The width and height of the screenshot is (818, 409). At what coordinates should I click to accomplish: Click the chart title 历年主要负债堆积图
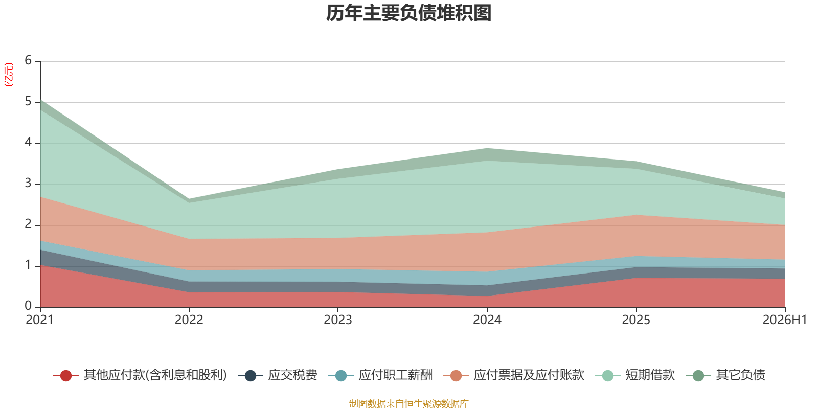click(x=408, y=13)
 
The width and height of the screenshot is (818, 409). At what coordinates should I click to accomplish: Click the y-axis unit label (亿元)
click(x=8, y=75)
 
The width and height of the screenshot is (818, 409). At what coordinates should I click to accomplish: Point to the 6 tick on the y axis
click(x=28, y=60)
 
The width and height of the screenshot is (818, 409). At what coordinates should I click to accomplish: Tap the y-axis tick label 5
click(x=28, y=101)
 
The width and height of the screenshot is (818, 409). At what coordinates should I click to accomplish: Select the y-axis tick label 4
click(x=28, y=142)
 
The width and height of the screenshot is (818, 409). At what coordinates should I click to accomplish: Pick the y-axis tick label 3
click(x=28, y=183)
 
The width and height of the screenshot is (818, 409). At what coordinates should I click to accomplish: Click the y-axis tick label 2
click(x=28, y=224)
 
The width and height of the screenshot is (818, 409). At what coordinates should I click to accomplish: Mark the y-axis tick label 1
click(x=28, y=265)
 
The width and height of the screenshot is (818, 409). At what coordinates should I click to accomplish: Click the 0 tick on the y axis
click(x=28, y=306)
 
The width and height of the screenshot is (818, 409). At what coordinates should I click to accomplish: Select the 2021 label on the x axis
click(x=39, y=320)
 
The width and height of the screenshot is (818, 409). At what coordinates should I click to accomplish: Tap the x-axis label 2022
click(x=189, y=320)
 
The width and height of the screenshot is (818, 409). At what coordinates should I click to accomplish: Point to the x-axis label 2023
click(x=338, y=320)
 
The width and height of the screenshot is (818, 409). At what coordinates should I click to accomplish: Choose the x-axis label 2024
click(x=487, y=320)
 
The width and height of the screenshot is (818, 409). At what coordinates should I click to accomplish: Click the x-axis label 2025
click(x=636, y=320)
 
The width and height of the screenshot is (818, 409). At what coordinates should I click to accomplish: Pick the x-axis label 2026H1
click(x=784, y=320)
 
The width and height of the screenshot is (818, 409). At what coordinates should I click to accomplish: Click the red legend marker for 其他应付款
click(x=66, y=375)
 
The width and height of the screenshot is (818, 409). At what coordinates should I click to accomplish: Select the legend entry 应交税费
click(x=278, y=375)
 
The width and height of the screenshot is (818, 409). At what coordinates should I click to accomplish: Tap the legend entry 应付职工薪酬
click(x=380, y=375)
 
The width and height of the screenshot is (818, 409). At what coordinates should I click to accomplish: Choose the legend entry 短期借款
click(x=634, y=375)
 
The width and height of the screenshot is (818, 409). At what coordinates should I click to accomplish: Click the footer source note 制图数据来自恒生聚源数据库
click(x=408, y=403)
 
